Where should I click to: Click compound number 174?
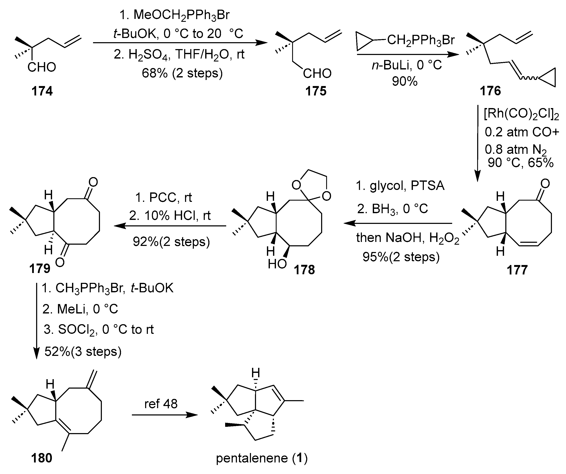pos(42,91)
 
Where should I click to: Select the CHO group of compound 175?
pos(317,73)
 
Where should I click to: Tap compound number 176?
pos(490,91)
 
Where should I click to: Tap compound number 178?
pos(304,270)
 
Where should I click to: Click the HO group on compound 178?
pos(277,264)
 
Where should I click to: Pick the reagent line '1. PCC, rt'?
pos(164,198)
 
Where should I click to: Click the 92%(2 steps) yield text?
pos(171,242)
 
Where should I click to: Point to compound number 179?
pos(40,269)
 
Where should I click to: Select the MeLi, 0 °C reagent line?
pos(80,309)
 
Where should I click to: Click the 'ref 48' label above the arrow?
pos(161,404)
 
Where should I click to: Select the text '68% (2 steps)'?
pos(182,73)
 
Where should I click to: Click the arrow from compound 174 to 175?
pos(180,43)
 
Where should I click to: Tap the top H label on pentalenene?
pos(256,373)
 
